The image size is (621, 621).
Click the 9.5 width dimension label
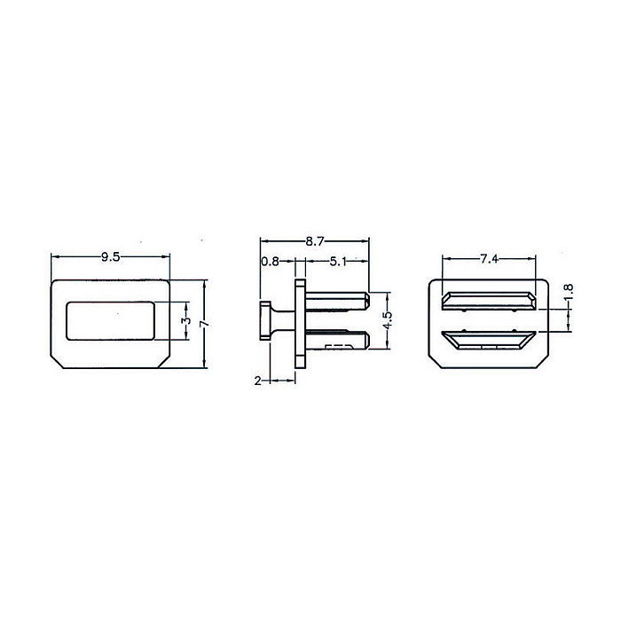pyautogui.click(x=111, y=257)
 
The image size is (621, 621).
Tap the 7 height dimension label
pyautogui.click(x=204, y=324)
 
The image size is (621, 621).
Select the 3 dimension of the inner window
pyautogui.click(x=187, y=321)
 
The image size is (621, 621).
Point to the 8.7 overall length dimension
pyautogui.click(x=315, y=241)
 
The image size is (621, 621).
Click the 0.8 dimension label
pyautogui.click(x=270, y=262)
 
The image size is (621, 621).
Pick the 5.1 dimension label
pyautogui.click(x=338, y=262)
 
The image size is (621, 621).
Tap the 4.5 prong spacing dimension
pyautogui.click(x=388, y=320)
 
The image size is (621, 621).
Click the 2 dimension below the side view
pyautogui.click(x=257, y=381)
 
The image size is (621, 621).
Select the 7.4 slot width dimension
pyautogui.click(x=489, y=259)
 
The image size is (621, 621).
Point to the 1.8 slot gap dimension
pyautogui.click(x=569, y=293)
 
